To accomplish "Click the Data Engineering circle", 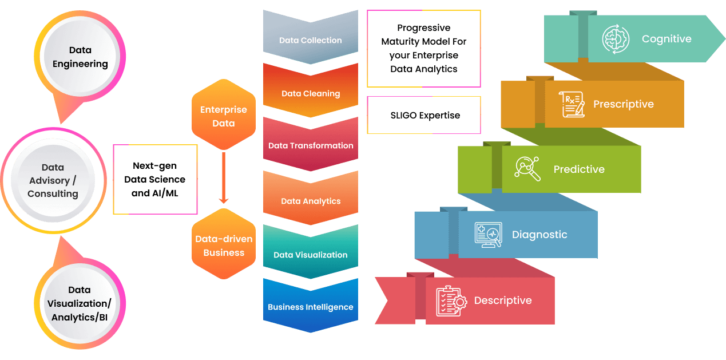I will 80,57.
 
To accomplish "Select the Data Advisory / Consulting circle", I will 53,181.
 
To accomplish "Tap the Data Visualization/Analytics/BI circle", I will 80,303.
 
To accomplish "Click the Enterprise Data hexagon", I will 224,117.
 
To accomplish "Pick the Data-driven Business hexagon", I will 224,246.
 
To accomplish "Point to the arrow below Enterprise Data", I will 224,177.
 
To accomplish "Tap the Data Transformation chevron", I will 311,145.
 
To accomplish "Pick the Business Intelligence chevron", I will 311,306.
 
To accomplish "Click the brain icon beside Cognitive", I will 616,39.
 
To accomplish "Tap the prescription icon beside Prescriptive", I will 573,105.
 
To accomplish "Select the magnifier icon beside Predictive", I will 527,169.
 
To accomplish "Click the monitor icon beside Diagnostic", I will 488,235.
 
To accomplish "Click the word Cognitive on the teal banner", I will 667,39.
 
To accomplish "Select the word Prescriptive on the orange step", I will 623,105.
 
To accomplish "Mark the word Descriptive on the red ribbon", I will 503,301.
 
